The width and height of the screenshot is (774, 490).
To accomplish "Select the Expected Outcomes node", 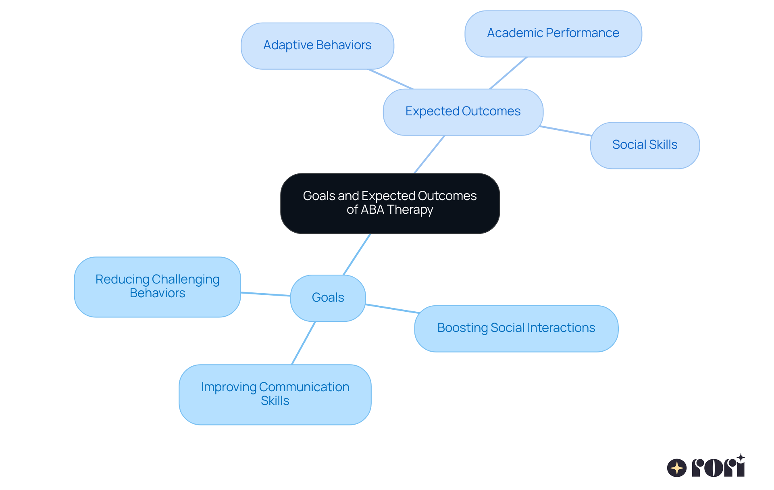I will pyautogui.click(x=463, y=112).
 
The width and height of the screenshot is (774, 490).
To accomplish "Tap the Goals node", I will pyautogui.click(x=328, y=298).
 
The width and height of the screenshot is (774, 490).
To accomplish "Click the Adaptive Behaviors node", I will pyautogui.click(x=317, y=46).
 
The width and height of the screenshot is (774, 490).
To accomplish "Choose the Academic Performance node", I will pyautogui.click(x=553, y=33).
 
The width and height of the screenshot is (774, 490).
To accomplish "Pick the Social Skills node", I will pyautogui.click(x=644, y=145).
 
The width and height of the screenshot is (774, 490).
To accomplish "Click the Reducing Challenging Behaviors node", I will pyautogui.click(x=157, y=286).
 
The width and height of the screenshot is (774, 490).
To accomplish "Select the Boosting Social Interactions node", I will pyautogui.click(x=516, y=328).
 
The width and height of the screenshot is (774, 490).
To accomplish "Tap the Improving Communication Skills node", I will pyautogui.click(x=275, y=394).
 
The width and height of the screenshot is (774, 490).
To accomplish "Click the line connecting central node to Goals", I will pyautogui.click(x=357, y=254).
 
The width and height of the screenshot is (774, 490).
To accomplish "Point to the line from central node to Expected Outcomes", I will pyautogui.click(x=429, y=154).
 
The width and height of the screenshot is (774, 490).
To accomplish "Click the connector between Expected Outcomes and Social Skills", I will pyautogui.click(x=565, y=131).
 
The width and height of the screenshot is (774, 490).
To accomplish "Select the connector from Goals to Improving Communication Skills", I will pyautogui.click(x=304, y=343).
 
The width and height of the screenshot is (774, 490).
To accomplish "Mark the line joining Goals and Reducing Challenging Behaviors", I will pyautogui.click(x=265, y=294).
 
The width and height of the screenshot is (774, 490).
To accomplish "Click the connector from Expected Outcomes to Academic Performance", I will pyautogui.click(x=508, y=73).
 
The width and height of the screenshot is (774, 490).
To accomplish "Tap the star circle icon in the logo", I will pyautogui.click(x=676, y=468).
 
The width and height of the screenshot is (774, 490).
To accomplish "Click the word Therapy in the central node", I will pyautogui.click(x=410, y=210).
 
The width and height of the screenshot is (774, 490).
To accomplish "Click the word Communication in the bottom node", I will pyautogui.click(x=304, y=387).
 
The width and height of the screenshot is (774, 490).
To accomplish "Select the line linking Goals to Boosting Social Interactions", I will pyautogui.click(x=392, y=309).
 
